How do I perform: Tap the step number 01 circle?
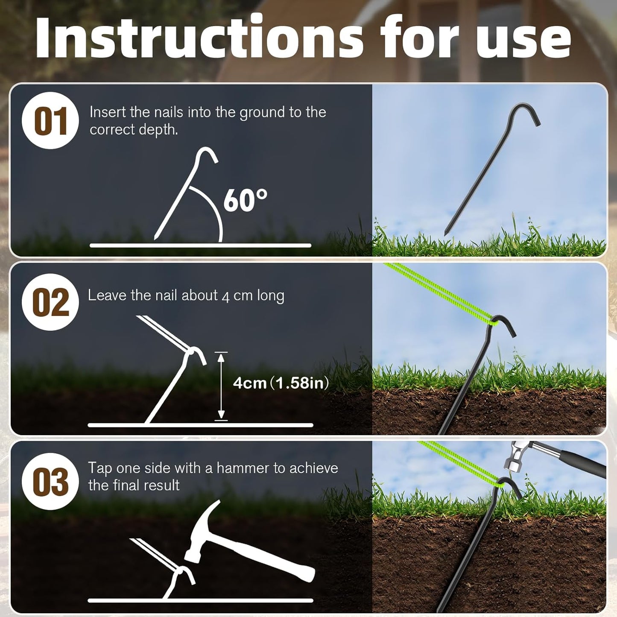point(50,121)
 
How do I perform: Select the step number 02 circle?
point(50,302)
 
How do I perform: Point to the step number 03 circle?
point(50,482)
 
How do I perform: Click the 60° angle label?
point(245,200)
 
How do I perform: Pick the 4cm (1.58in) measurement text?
point(281,383)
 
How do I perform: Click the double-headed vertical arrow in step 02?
point(221,386)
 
